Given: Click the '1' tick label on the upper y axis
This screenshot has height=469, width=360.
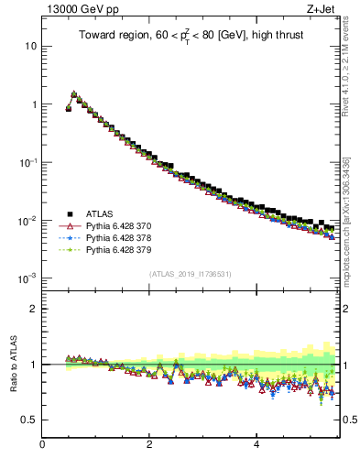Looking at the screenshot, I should point(34,104).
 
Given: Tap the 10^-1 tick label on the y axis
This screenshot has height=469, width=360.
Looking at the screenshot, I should point(29,161).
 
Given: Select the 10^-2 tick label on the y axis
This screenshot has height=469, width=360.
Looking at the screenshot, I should point(29,220).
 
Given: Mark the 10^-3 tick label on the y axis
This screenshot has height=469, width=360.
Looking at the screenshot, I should point(29,278).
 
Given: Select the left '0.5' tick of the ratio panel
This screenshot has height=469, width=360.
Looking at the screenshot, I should point(29,420).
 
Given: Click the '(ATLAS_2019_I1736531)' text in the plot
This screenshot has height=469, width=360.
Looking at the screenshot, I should point(190,274).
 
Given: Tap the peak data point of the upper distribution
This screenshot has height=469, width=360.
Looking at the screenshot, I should point(74,93).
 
